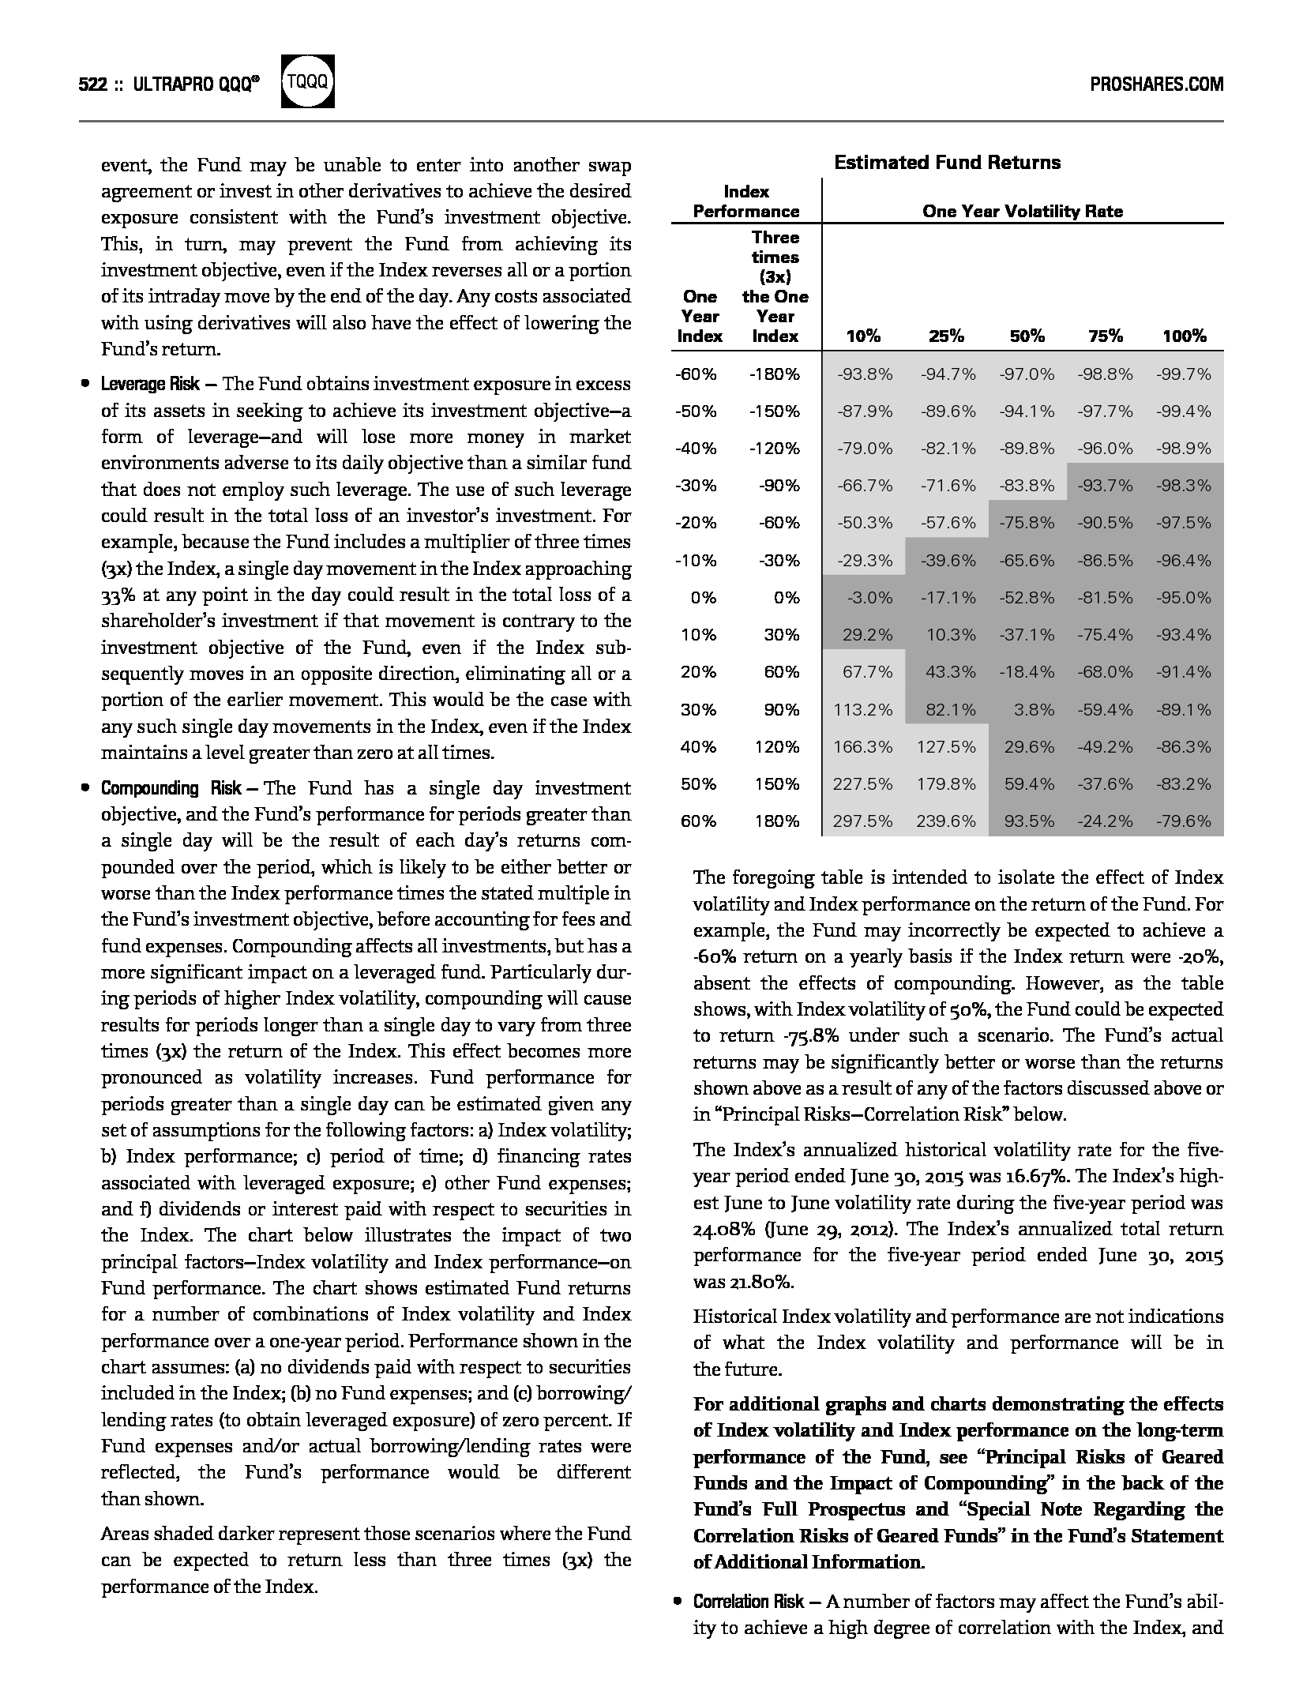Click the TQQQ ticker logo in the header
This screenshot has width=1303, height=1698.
[x=308, y=81]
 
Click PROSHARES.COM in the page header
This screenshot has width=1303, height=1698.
[x=1156, y=84]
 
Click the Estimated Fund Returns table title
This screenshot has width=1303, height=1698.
[x=947, y=163]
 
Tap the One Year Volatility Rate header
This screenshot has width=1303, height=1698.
[x=1022, y=211]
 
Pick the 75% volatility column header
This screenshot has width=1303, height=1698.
[x=1105, y=336]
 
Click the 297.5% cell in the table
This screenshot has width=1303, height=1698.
[x=863, y=821]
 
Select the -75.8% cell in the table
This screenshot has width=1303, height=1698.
[x=1027, y=523]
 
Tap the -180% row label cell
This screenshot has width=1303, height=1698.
[x=774, y=374]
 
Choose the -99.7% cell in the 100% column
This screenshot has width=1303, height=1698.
[x=1183, y=374]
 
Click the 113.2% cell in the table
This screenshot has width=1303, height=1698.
[x=863, y=709]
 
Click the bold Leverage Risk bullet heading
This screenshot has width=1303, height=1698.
[x=149, y=385]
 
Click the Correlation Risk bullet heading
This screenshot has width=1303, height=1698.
[x=749, y=1602]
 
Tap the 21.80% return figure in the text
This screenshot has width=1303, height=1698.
[x=742, y=1282]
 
